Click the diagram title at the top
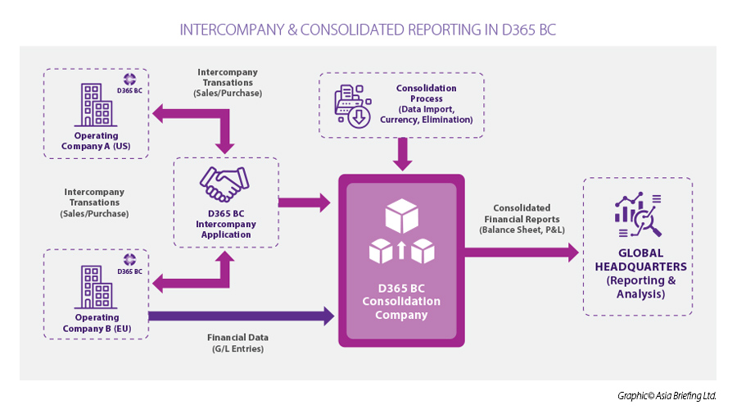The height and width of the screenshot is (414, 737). click(368, 30)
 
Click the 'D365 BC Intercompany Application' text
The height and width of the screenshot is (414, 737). click(225, 224)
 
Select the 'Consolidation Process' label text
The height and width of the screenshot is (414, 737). click(426, 103)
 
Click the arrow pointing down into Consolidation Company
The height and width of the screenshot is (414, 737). click(401, 154)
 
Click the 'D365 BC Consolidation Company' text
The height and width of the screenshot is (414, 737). click(401, 301)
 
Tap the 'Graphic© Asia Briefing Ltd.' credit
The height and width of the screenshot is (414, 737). click(667, 396)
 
